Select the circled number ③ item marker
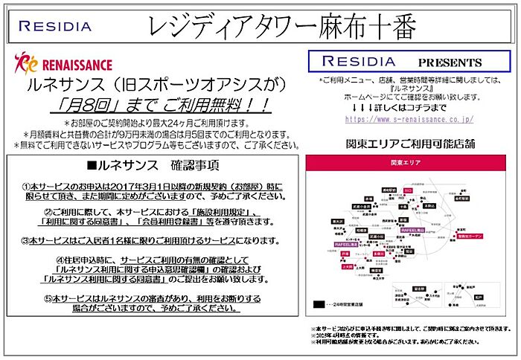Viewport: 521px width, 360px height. tap(28, 240)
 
